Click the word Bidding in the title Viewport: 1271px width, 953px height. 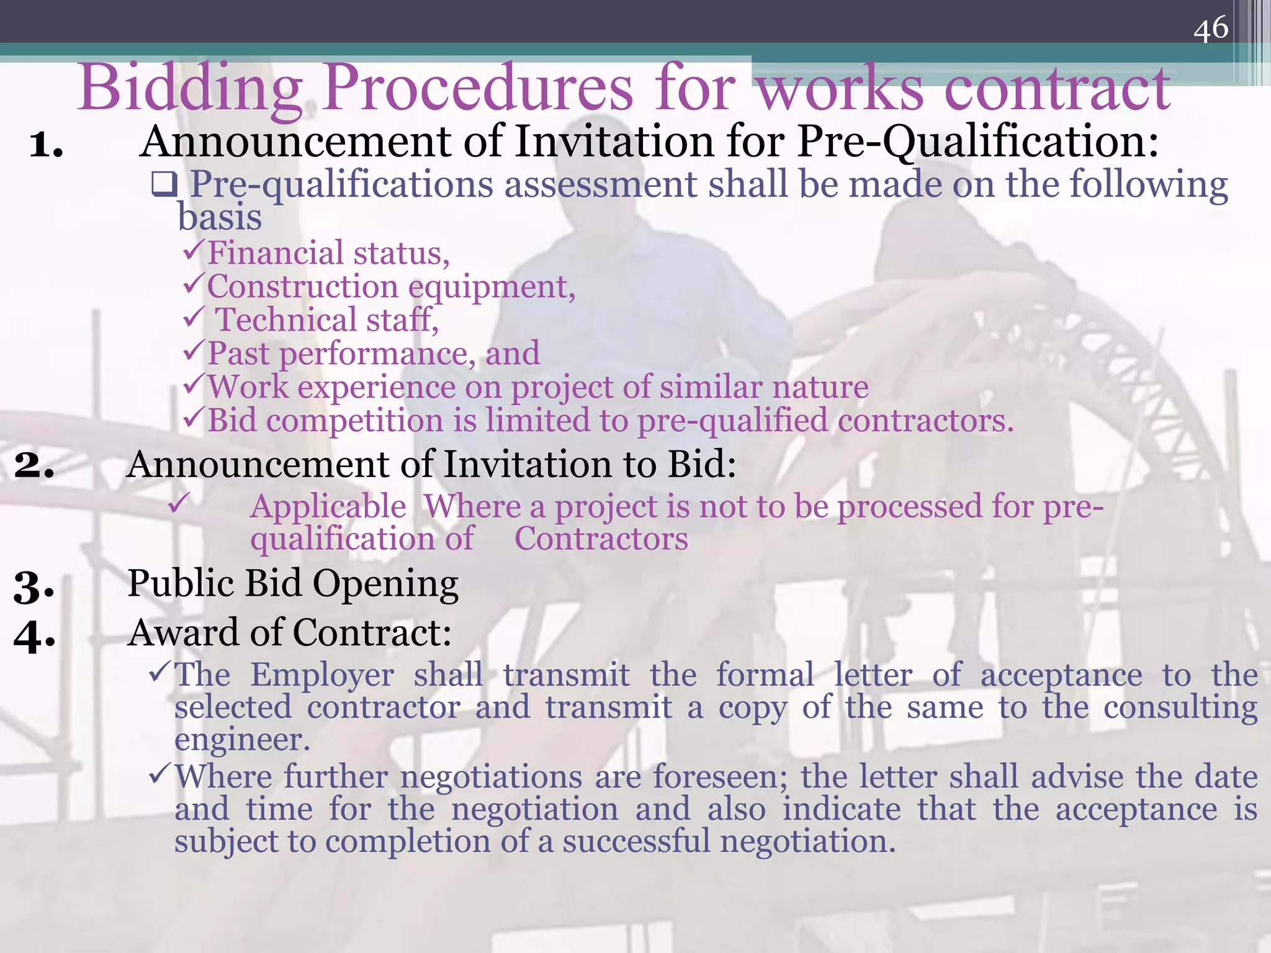pos(190,88)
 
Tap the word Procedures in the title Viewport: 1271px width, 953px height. pos(478,88)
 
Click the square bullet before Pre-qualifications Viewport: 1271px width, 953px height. pos(165,184)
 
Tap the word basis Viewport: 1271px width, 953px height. pos(220,217)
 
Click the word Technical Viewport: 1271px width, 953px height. pos(286,320)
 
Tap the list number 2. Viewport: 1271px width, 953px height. pos(34,465)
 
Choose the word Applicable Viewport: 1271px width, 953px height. pos(328,506)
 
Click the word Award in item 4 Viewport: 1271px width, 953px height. pos(183,633)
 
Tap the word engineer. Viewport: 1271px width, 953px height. pos(242,740)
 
